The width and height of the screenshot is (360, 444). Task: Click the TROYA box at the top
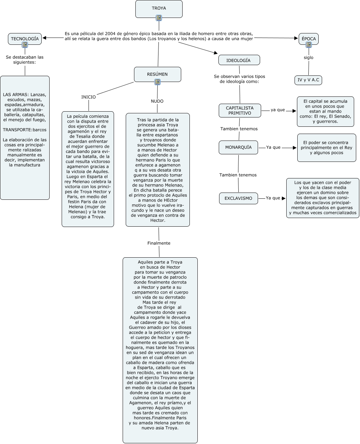pos(159,8)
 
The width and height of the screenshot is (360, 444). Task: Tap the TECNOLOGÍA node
pos(25,39)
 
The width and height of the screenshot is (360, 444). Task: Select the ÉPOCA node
pos(308,39)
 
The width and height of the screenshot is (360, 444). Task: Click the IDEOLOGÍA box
pos(239,60)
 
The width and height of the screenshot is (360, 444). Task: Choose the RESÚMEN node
pos(157,74)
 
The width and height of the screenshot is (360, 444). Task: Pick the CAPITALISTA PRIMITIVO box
pos(240,111)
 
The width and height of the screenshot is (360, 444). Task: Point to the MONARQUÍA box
pos(238,147)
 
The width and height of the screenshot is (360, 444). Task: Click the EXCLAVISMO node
pos(238,198)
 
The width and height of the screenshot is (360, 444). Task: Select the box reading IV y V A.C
pos(308,80)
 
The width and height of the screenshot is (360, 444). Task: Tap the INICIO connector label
pos(89,97)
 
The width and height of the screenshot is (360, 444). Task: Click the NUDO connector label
pos(157,101)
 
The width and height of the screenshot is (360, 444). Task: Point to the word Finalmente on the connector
pos(159,243)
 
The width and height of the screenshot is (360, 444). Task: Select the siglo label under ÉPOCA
pos(309,58)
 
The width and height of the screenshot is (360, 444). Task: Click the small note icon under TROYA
pos(159,18)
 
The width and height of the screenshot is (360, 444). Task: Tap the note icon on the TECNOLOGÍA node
pos(25,45)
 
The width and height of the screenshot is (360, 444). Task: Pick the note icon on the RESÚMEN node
pos(157,82)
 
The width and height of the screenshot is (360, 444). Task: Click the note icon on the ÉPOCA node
pos(309,45)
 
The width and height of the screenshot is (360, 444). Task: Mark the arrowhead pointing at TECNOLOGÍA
pos(44,38)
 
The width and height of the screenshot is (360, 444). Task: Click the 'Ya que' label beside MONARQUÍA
pos(274,147)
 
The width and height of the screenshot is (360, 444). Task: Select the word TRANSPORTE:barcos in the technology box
pos(25,130)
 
